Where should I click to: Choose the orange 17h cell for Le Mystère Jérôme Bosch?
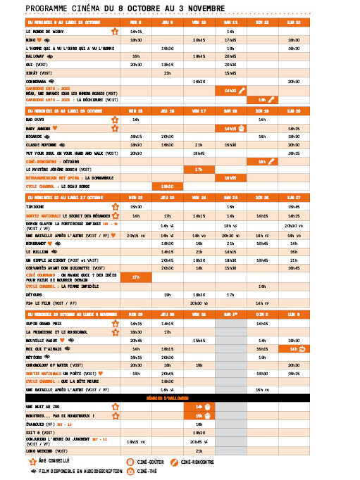coord(199,170)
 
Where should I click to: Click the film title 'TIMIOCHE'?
coord(36,208)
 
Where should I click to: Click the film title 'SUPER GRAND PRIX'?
coord(43,323)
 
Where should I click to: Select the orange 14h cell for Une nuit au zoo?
coord(199,407)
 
